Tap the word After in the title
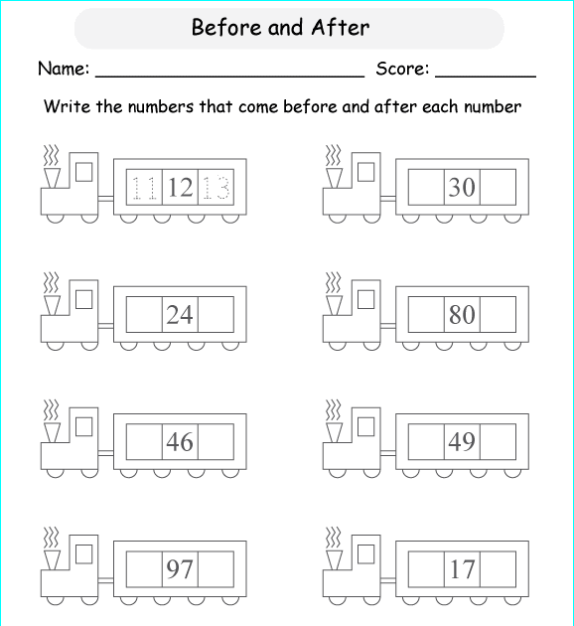click(341, 28)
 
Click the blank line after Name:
click(229, 76)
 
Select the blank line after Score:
click(486, 76)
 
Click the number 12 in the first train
click(181, 187)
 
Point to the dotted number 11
click(144, 187)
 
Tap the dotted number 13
click(215, 187)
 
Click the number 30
click(462, 187)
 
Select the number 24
click(180, 315)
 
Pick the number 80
click(462, 315)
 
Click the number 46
click(180, 442)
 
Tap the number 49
click(462, 442)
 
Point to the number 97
click(180, 569)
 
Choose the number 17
click(462, 569)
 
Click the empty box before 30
click(426, 187)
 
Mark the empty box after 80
click(498, 315)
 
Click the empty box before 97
click(144, 569)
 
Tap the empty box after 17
click(498, 569)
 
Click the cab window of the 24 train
click(83, 299)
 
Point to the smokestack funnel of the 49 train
click(334, 433)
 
